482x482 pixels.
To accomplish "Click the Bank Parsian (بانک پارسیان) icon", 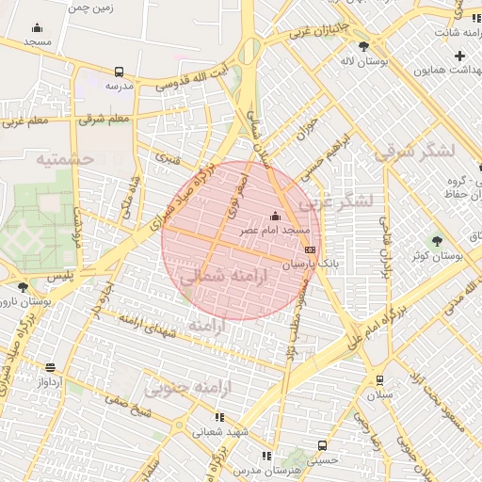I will click(311, 249).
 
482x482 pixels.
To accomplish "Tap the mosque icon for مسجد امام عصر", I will click(276, 216).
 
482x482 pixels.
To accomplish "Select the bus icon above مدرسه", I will click(119, 72).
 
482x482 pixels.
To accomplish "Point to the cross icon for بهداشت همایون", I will click(459, 56).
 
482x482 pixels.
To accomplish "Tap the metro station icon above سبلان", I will click(379, 380).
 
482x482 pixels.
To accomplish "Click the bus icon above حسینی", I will click(323, 445).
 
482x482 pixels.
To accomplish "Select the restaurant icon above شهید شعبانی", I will click(219, 417).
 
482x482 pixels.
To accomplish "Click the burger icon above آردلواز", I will click(50, 367).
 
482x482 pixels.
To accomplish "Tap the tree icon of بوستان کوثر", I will click(436, 241).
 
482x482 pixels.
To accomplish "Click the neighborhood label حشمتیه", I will click(66, 159).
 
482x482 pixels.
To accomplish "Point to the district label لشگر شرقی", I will click(413, 151).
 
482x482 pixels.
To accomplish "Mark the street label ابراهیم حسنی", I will click(321, 152).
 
